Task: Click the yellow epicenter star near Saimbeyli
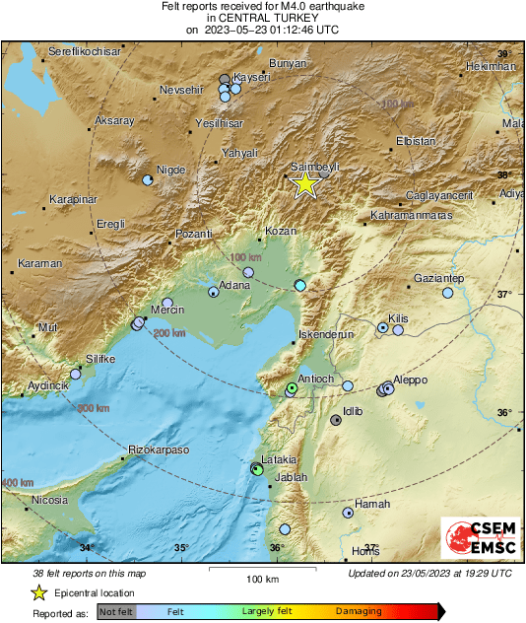tap(305, 183)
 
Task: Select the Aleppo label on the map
tap(410, 379)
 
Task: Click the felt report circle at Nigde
tap(147, 180)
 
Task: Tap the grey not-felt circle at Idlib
tap(336, 420)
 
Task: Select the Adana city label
tap(234, 285)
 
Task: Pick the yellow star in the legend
tap(38, 592)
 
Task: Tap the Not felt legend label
tap(117, 611)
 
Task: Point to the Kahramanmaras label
tap(411, 215)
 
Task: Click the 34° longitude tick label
tap(87, 548)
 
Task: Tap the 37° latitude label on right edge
tap(503, 295)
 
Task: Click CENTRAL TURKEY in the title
tap(262, 18)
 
